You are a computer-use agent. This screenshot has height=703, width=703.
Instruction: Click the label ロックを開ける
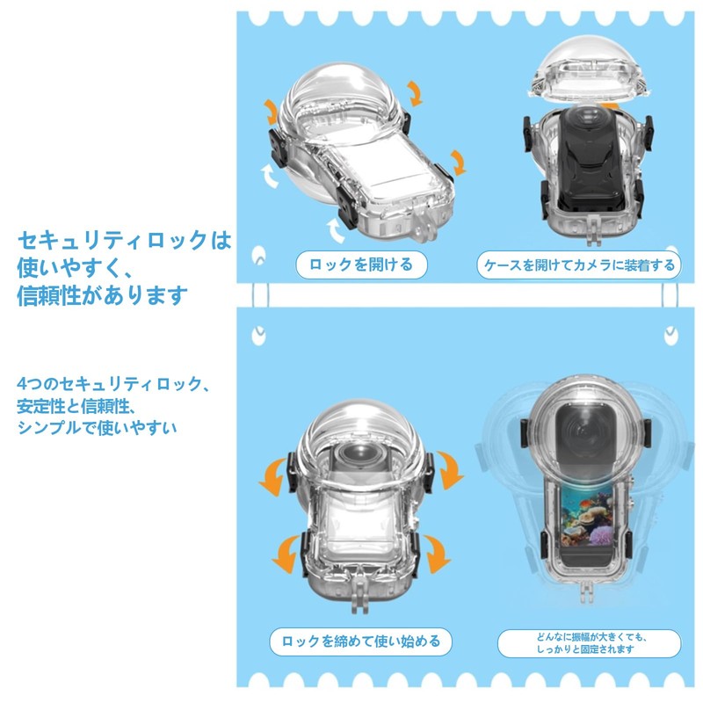(354, 265)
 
